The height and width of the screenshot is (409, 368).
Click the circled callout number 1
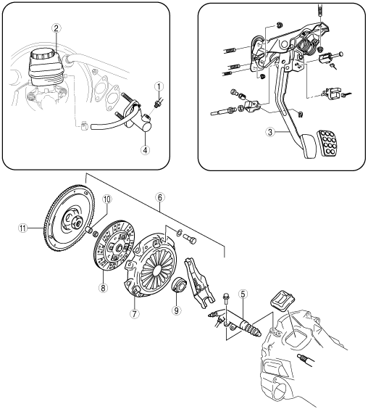(159, 86)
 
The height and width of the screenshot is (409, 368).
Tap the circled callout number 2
(56, 28)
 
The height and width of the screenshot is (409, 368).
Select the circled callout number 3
(270, 132)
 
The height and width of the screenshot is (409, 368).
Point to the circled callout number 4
(145, 150)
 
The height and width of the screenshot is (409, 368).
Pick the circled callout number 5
(243, 294)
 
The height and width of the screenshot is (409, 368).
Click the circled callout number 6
(160, 197)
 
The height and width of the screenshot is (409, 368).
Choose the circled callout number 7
(134, 314)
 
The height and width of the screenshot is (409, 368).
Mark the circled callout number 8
(103, 288)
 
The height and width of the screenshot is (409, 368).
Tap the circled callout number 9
(176, 310)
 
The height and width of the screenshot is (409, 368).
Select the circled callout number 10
(107, 199)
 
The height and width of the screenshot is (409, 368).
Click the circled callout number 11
(22, 228)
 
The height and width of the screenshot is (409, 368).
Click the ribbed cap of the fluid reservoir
(43, 55)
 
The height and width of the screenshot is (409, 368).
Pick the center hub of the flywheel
(76, 223)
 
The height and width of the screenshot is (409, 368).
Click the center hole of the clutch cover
(158, 270)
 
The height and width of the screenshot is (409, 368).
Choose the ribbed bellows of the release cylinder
(254, 331)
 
